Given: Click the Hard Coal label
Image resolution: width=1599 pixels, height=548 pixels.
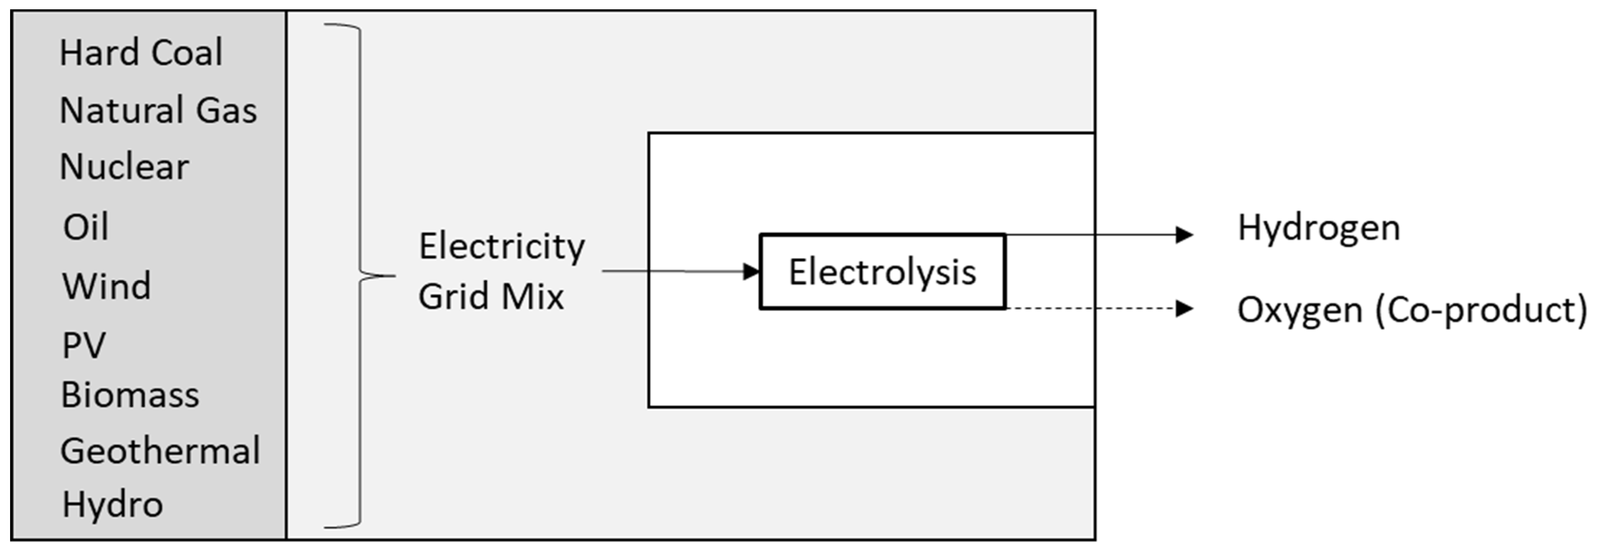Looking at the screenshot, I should tap(141, 53).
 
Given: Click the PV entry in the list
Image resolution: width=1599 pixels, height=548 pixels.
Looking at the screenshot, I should tap(84, 345).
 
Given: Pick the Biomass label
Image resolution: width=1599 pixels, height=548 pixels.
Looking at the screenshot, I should tap(130, 395).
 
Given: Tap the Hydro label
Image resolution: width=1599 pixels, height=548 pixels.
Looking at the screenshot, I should tap(112, 504).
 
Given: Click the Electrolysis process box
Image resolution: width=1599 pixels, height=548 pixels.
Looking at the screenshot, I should tap(882, 272).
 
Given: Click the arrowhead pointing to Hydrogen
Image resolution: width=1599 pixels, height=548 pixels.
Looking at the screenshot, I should tap(1184, 235).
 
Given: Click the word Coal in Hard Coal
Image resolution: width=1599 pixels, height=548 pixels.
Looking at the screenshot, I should tap(187, 53).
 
